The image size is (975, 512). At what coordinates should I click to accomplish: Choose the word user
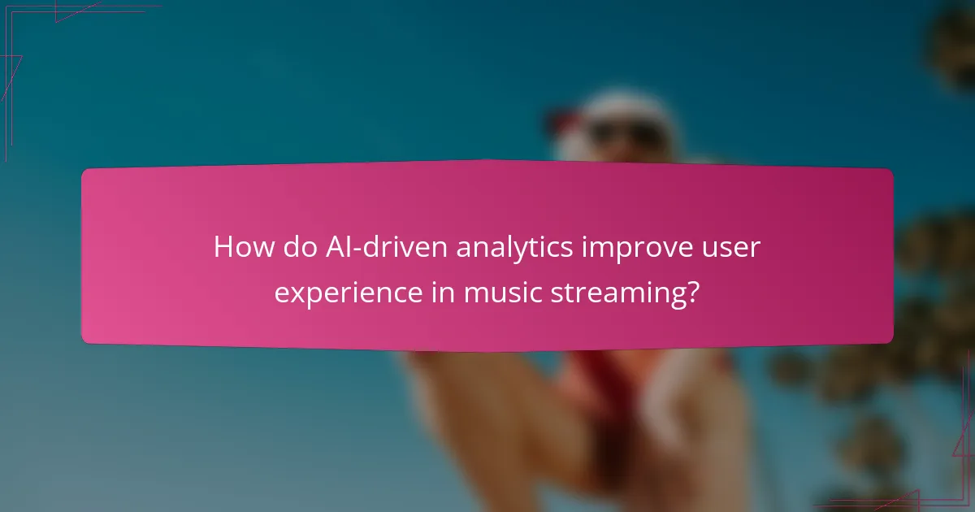pos(734,247)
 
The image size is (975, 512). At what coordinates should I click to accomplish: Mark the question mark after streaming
pos(692,291)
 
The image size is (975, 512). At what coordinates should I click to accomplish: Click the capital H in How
pos(223,247)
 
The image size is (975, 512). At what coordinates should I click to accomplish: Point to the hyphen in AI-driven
pos(356,249)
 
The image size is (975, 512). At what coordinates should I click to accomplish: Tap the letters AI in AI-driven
pos(336,247)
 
